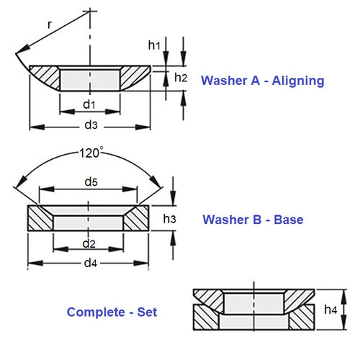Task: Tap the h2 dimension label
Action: click(x=181, y=78)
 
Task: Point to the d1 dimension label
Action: click(x=89, y=104)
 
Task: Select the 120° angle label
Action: click(x=91, y=152)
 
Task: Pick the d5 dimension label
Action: click(x=89, y=181)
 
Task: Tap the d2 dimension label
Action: click(x=89, y=241)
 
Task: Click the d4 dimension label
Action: click(x=89, y=262)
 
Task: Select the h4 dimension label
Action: click(x=330, y=310)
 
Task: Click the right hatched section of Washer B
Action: click(x=135, y=219)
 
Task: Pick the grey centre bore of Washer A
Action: click(x=89, y=78)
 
